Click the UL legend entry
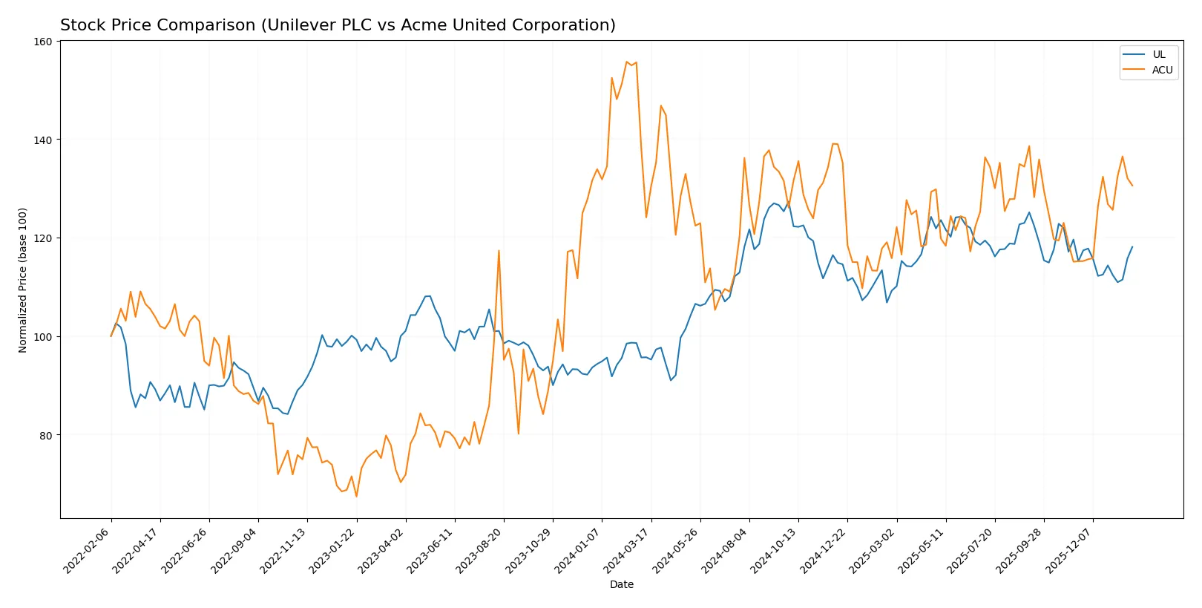1158,54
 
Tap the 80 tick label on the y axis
45,435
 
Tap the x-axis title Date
621,584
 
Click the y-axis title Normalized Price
23,280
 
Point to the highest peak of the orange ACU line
627,62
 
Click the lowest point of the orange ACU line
356,496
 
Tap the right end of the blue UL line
1132,246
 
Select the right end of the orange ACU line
1132,186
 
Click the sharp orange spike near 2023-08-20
499,250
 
